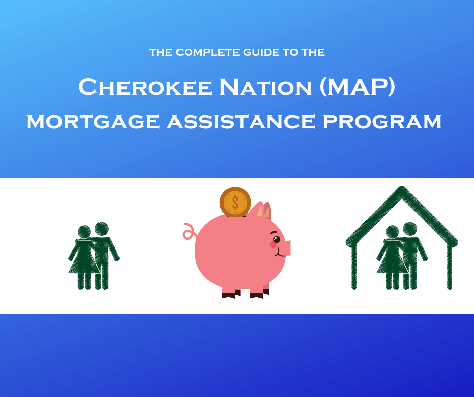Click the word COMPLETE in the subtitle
tap(208, 52)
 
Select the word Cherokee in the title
tap(145, 87)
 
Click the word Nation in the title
tap(265, 87)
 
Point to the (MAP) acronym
tap(358, 87)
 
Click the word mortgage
tap(93, 121)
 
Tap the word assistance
tap(241, 121)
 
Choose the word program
tap(382, 121)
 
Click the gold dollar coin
tap(235, 202)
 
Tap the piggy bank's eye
tap(276, 239)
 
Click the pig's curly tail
tap(190, 232)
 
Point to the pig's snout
tap(287, 248)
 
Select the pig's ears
tap(264, 210)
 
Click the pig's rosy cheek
tap(273, 245)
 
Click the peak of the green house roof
tap(402, 189)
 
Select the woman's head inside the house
tap(392, 232)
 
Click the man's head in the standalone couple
tap(102, 229)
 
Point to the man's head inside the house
tap(410, 229)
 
